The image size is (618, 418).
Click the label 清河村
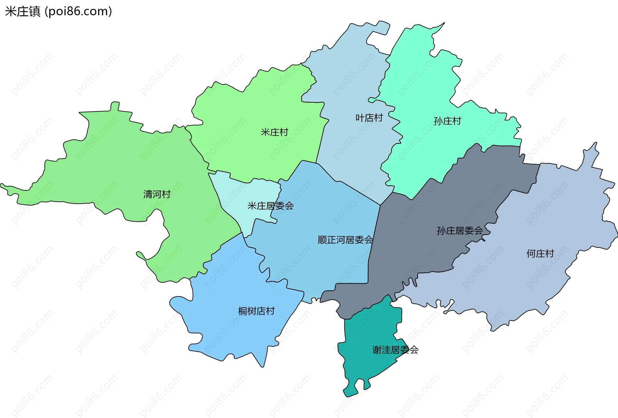(x=157, y=194)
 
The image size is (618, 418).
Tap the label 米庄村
(x=274, y=132)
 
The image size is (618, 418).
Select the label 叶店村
(x=369, y=118)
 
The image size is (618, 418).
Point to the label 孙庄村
(x=447, y=121)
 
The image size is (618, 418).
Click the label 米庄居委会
(x=270, y=206)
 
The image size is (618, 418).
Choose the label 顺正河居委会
(x=345, y=240)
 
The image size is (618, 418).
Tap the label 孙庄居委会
(x=460, y=230)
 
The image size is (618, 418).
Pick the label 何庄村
(x=540, y=254)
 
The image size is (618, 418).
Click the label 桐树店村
(x=256, y=311)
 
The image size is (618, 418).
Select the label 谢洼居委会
(x=395, y=350)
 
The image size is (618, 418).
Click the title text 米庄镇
(x=23, y=12)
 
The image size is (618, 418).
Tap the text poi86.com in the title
(x=78, y=12)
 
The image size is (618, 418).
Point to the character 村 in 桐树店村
(x=270, y=311)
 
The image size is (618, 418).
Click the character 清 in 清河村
(x=148, y=194)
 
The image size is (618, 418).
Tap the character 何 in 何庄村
(x=531, y=254)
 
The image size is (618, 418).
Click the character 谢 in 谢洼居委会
(x=377, y=350)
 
